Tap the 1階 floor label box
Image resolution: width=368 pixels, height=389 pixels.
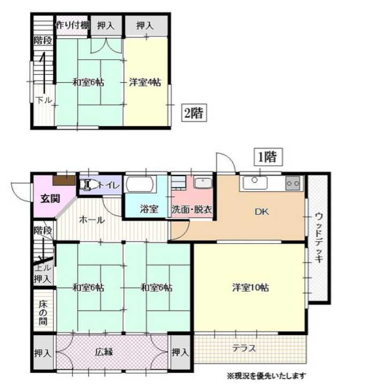[x=268, y=157]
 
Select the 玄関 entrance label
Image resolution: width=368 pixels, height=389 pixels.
[x=50, y=199]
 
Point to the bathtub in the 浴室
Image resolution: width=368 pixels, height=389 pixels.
[x=141, y=184]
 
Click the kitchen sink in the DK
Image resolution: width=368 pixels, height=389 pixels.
[x=255, y=183]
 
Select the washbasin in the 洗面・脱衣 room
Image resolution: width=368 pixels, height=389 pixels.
[x=203, y=183]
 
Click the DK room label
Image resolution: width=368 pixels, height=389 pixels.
[x=262, y=212]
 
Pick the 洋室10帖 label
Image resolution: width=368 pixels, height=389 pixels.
[x=250, y=287]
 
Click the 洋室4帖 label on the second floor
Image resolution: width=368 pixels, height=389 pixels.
[x=145, y=82]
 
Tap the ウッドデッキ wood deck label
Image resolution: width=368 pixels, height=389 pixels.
[x=319, y=237]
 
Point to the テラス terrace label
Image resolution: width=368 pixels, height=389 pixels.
[x=244, y=348]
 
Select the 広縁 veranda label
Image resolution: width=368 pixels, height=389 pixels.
[x=104, y=352]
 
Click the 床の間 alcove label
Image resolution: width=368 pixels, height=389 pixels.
[x=43, y=313]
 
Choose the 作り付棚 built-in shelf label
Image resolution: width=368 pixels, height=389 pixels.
[x=72, y=25]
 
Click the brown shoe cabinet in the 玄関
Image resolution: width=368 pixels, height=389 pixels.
[x=64, y=181]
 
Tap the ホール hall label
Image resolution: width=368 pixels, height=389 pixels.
[x=92, y=220]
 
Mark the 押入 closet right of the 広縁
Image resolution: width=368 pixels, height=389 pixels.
[x=180, y=352]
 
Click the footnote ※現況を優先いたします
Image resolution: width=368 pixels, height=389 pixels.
[x=266, y=376]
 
